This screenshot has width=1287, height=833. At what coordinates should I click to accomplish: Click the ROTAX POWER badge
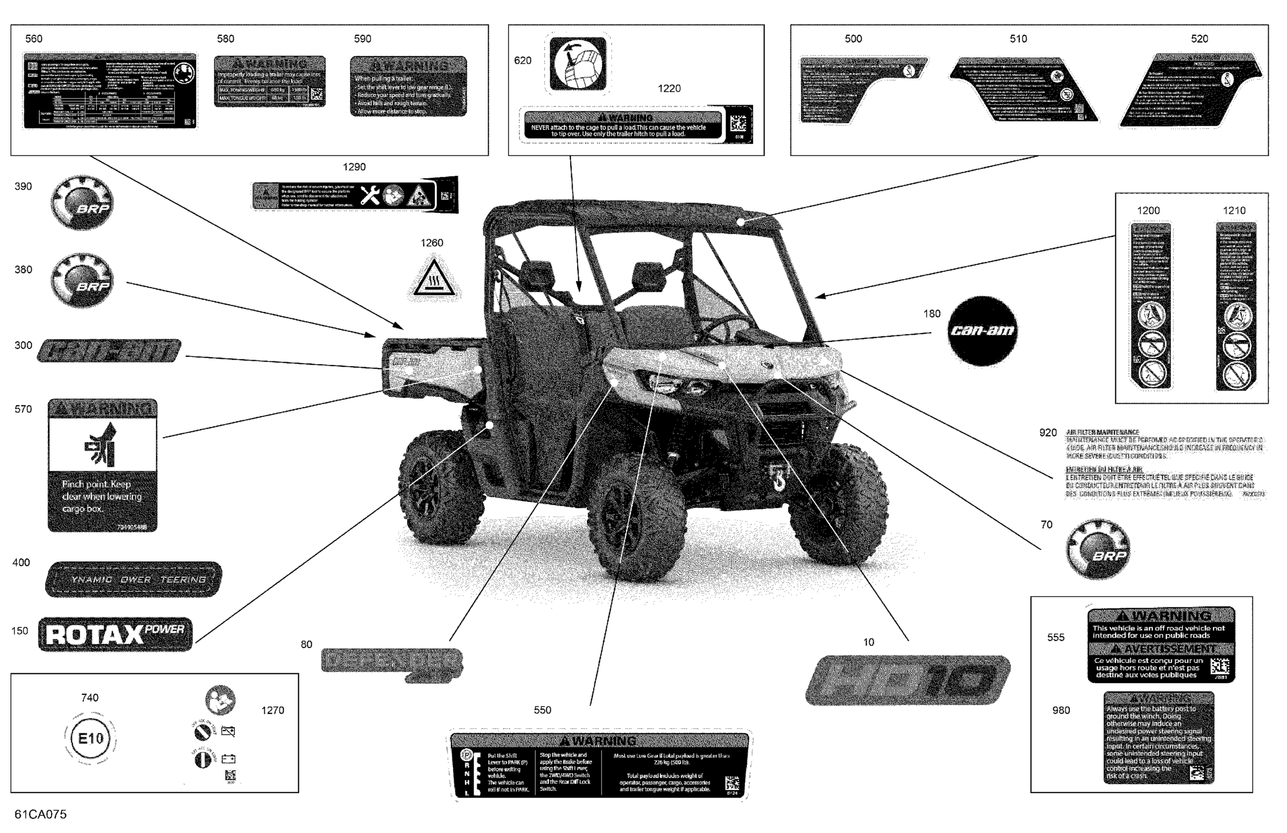(115, 635)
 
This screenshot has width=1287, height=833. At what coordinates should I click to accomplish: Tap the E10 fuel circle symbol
(90, 738)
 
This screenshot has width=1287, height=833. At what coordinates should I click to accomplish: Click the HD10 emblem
(908, 681)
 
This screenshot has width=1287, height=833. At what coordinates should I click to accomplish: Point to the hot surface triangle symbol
(433, 279)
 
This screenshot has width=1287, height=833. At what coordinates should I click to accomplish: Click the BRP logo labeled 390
(82, 202)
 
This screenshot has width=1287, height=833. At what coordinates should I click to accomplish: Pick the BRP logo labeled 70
(1098, 549)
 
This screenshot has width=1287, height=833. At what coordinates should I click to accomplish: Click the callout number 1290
(354, 167)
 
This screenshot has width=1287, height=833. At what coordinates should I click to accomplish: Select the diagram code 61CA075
(41, 814)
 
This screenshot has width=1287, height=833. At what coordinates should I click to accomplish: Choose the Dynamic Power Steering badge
(134, 579)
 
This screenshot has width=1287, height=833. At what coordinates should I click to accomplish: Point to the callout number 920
(1047, 433)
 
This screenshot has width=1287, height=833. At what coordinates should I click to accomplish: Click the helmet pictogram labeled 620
(578, 63)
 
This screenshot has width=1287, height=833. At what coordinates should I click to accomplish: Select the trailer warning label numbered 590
(408, 86)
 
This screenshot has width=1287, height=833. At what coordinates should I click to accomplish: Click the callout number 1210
(1234, 210)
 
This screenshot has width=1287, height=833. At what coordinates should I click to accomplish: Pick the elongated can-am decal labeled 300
(109, 350)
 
